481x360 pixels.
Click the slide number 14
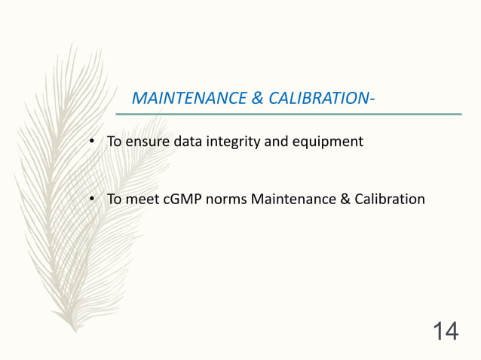[445, 331]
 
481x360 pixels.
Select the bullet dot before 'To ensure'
[90, 142]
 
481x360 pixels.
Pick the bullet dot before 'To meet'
[90, 200]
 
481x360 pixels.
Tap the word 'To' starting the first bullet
[114, 141]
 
